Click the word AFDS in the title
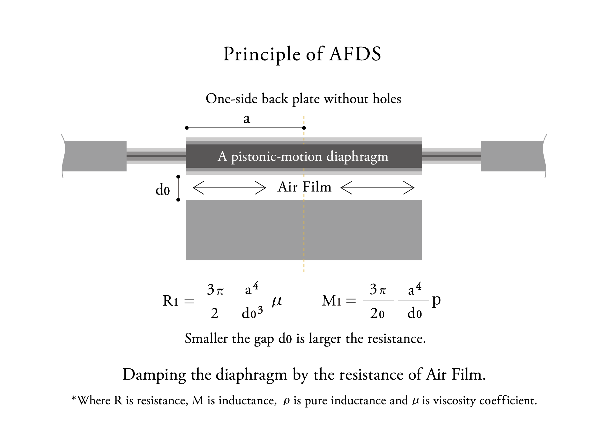(355, 54)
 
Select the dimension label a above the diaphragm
(246, 119)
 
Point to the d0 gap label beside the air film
(162, 190)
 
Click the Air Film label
(304, 187)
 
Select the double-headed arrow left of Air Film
(229, 188)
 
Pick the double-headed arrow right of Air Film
(377, 188)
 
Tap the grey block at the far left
(94, 156)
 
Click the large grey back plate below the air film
(304, 230)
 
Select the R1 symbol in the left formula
(170, 301)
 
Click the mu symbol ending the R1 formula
(277, 301)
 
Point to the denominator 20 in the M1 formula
(377, 313)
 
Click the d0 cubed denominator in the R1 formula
(252, 313)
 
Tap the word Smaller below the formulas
(206, 338)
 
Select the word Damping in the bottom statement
(154, 375)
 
